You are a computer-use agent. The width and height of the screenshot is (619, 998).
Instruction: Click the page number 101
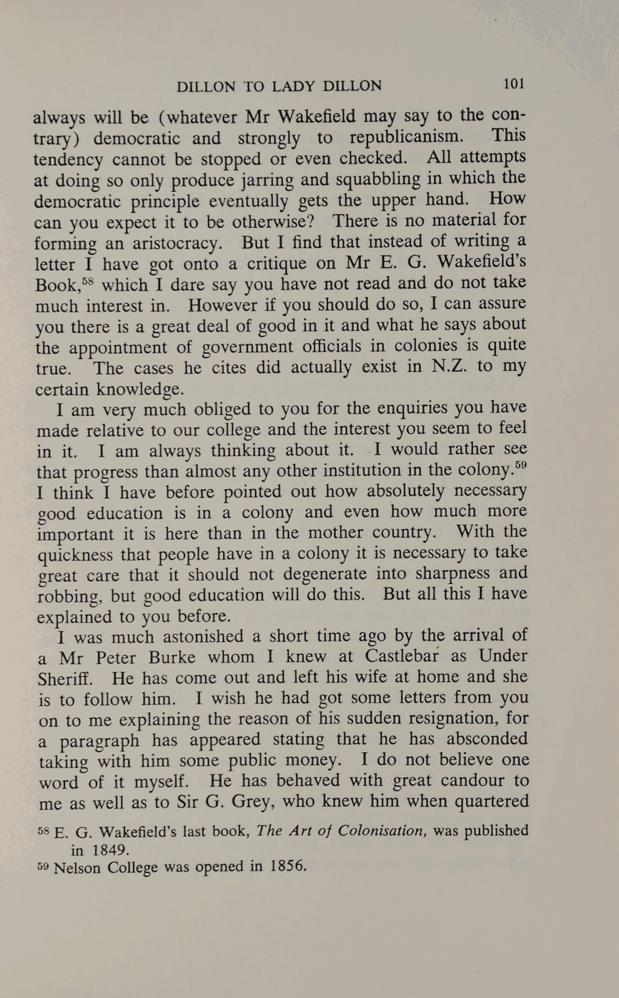(x=513, y=84)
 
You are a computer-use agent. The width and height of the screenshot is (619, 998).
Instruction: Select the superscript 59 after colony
(x=520, y=465)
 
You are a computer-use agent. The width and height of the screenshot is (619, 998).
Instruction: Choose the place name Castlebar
(x=402, y=657)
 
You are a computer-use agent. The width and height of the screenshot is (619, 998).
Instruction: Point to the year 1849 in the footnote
(x=109, y=850)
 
